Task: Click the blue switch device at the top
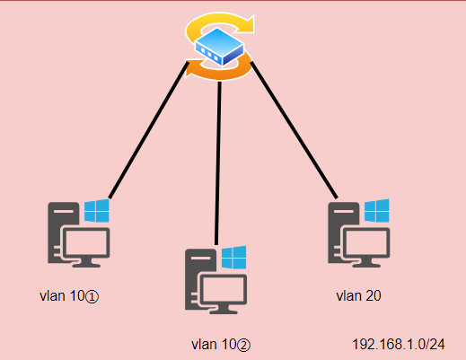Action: (219, 48)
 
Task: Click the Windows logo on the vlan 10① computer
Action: (96, 212)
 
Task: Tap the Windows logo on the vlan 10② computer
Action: (233, 258)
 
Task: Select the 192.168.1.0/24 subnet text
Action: (398, 343)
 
